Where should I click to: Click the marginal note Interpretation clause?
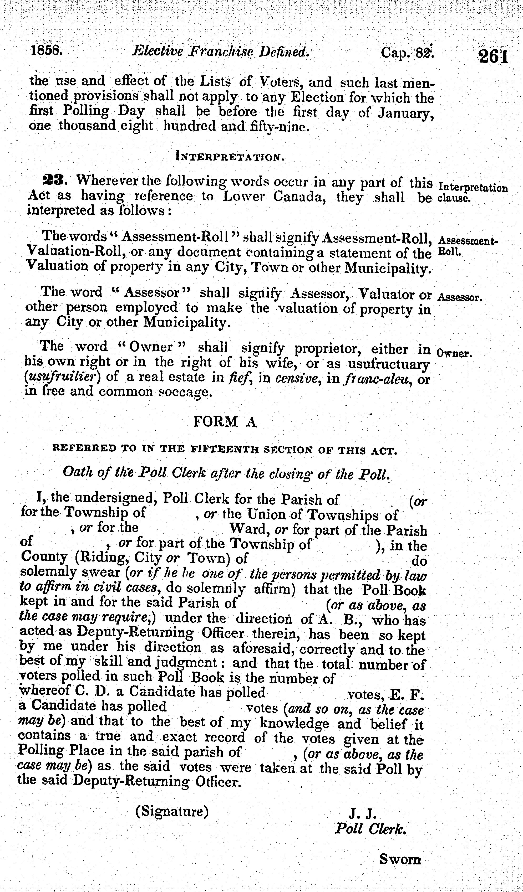(x=472, y=193)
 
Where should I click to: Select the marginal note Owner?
(x=454, y=353)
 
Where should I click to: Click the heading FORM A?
(x=225, y=422)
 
